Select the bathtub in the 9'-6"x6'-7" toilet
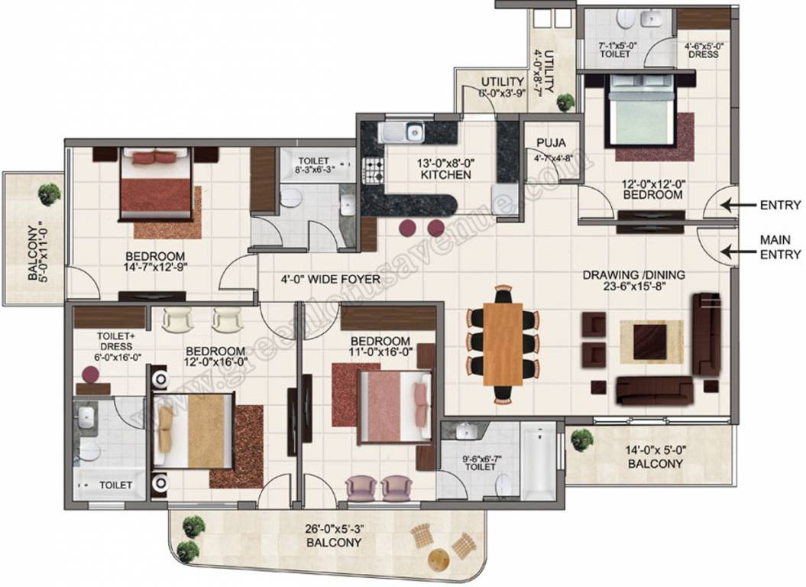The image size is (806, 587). (539, 461)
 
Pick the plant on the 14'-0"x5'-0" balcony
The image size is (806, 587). (582, 439)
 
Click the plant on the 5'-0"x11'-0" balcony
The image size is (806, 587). (50, 192)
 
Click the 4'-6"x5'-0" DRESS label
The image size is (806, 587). (704, 50)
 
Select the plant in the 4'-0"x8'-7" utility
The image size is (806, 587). (565, 101)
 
